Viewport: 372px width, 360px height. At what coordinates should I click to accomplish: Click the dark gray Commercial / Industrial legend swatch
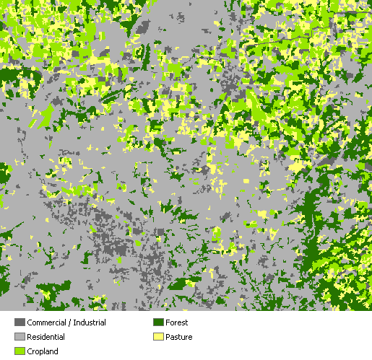(20, 322)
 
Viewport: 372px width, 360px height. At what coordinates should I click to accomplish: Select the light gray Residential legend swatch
(20, 337)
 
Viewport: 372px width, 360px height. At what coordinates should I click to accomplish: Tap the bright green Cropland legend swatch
(20, 351)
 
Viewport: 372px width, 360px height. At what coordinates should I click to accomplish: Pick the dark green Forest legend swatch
(158, 322)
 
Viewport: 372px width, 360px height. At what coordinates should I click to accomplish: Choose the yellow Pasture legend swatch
(158, 337)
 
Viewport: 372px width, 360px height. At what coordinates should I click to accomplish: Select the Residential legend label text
(46, 337)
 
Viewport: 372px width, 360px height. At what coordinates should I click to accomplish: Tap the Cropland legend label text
(43, 351)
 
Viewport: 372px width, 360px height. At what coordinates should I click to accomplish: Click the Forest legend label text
(177, 322)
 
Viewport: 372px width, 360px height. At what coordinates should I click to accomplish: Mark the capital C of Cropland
(30, 351)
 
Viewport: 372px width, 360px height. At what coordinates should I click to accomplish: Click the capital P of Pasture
(168, 337)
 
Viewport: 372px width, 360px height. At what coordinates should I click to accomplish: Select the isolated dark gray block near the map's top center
(142, 29)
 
